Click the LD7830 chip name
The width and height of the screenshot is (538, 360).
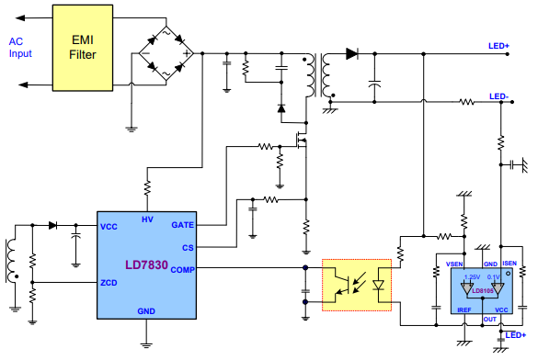click(x=147, y=265)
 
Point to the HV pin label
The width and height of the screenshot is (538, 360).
click(x=147, y=219)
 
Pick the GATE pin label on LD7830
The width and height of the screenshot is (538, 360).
click(x=182, y=225)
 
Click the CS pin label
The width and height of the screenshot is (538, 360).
click(x=188, y=246)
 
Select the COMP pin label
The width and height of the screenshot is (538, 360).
click(x=182, y=268)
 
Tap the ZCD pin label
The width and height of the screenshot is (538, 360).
click(x=109, y=283)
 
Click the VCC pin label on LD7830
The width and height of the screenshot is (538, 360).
click(x=109, y=226)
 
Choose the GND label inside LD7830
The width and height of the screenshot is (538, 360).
click(x=146, y=311)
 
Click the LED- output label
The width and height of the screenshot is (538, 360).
click(x=499, y=96)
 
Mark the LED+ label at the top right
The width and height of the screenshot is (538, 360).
click(x=499, y=45)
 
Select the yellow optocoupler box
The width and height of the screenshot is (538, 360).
click(x=357, y=286)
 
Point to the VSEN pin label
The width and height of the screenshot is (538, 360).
click(x=454, y=264)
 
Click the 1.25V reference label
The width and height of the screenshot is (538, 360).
click(x=473, y=276)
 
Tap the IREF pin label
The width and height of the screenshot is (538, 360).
click(x=464, y=310)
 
